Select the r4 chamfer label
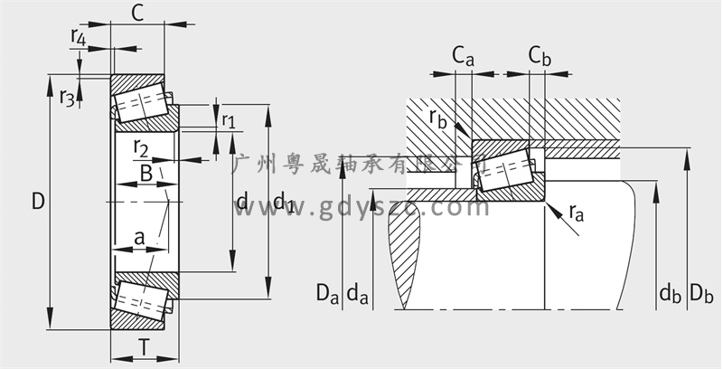pyautogui.click(x=79, y=37)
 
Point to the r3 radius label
pyautogui.click(x=66, y=97)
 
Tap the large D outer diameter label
pyautogui.click(x=38, y=201)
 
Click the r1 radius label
pyautogui.click(x=228, y=121)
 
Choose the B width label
pyautogui.click(x=146, y=174)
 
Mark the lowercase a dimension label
pyautogui.click(x=139, y=237)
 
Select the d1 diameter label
pyautogui.click(x=284, y=201)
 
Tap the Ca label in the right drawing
pyautogui.click(x=463, y=56)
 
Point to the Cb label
pyautogui.click(x=540, y=56)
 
